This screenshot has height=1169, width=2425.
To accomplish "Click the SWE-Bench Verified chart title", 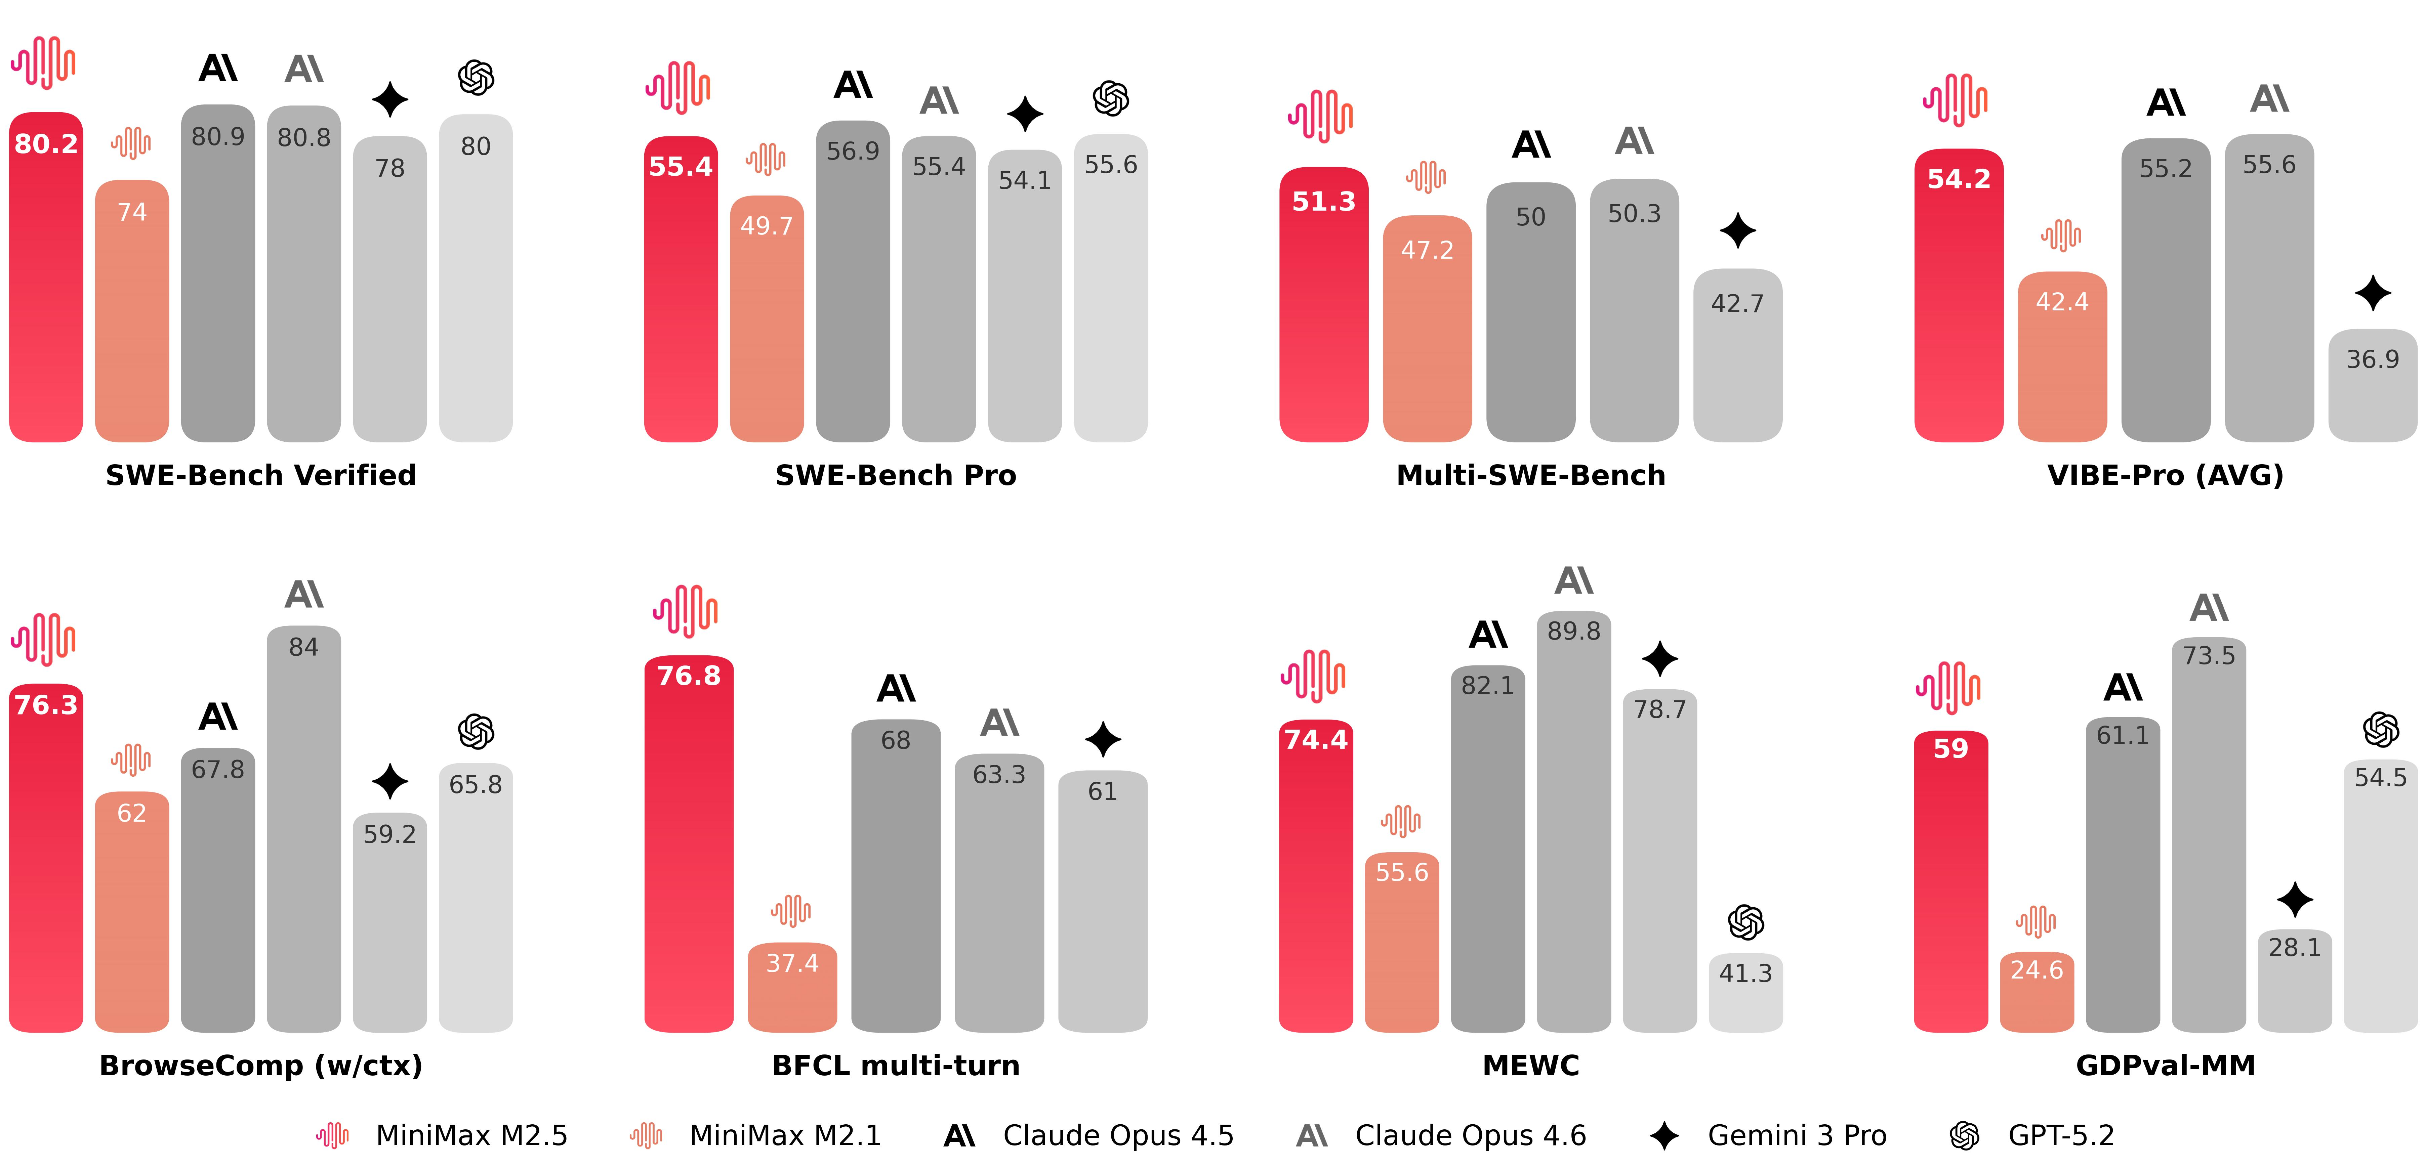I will [261, 475].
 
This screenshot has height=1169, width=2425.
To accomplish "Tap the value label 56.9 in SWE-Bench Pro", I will [853, 151].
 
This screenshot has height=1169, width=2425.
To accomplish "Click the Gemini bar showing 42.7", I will [1737, 358].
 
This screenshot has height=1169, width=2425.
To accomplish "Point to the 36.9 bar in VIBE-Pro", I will [2371, 386].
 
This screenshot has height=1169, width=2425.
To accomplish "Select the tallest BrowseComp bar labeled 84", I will [303, 828].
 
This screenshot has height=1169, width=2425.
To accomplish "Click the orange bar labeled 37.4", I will [792, 988].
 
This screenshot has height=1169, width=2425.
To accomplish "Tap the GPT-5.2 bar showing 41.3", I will [1745, 993].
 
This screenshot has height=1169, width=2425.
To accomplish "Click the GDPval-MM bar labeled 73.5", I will [2209, 838].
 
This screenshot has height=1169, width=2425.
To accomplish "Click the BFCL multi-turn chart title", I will [895, 1066].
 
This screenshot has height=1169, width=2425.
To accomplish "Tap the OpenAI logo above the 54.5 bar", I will [2380, 729].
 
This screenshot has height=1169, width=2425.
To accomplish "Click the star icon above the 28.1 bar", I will [2294, 900].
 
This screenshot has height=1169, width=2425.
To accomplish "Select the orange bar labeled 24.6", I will [2036, 993].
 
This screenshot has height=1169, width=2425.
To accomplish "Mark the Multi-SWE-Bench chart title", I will [1531, 475].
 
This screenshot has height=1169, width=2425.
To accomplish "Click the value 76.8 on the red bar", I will [688, 676].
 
